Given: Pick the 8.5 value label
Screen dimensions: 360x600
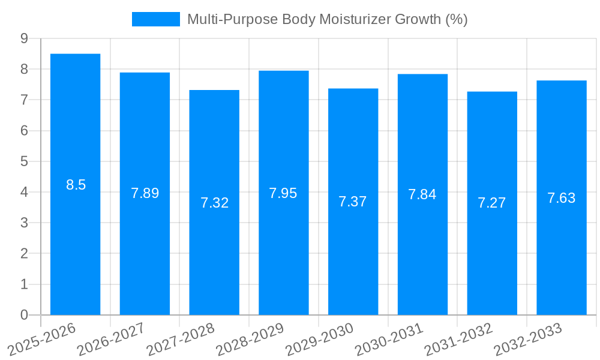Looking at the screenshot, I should point(76,185).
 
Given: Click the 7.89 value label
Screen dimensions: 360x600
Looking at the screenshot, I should point(145,193).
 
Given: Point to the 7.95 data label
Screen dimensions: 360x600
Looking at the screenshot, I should point(283,193).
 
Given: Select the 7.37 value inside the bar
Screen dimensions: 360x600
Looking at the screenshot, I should point(353,202).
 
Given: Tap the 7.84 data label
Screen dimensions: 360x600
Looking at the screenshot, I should point(422,194).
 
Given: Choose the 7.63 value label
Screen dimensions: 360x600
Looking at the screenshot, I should point(562,198).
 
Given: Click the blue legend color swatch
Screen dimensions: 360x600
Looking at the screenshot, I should point(156,19).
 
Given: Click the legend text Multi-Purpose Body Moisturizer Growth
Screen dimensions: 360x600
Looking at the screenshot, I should point(327,19).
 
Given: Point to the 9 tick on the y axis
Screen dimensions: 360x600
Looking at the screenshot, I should point(24,38).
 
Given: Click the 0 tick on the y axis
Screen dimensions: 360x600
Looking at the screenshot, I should point(24,315).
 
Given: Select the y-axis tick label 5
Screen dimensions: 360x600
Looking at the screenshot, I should point(24,161).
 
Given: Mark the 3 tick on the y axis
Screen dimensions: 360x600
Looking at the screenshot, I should point(24,223).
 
